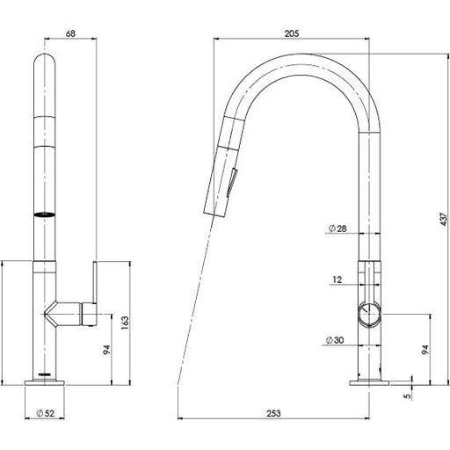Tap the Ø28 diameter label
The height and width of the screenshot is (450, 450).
click(x=336, y=229)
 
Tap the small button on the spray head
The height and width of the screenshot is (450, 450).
click(x=231, y=183)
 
